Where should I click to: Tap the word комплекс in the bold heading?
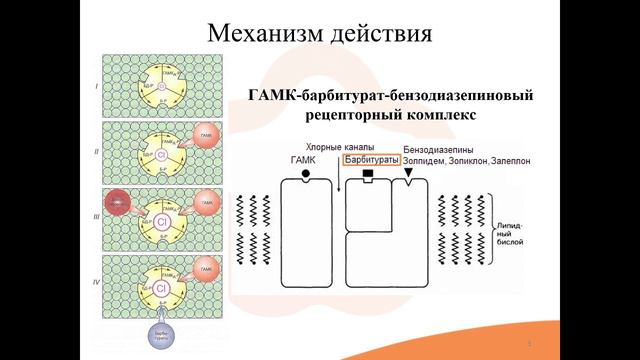[445, 116]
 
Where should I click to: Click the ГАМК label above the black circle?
[302, 160]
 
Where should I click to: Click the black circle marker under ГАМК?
[303, 174]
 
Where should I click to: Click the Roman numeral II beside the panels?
[96, 151]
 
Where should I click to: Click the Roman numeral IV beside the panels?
[96, 282]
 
